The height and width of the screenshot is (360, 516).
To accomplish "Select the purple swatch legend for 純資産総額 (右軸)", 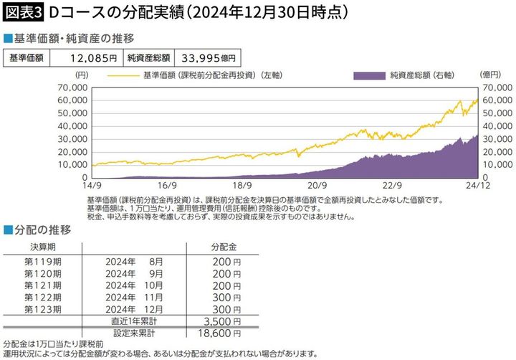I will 371,75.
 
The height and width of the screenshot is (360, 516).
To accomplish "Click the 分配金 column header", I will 222,247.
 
